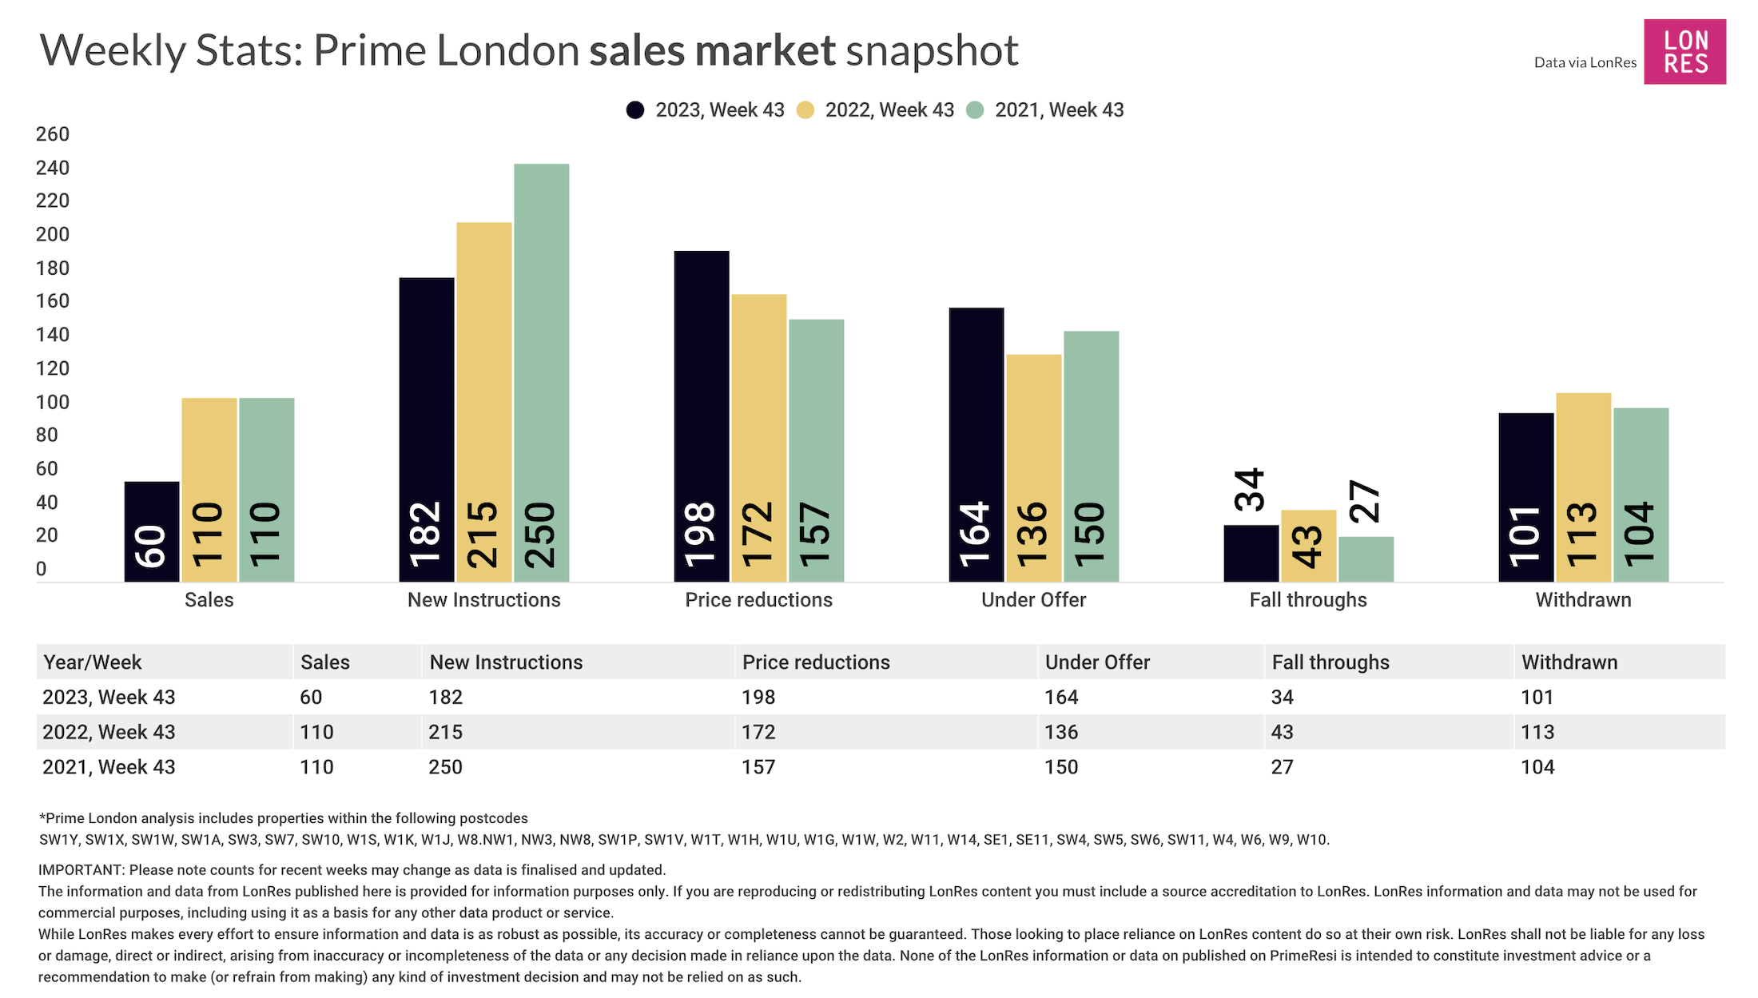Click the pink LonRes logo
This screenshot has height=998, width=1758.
coord(1684,52)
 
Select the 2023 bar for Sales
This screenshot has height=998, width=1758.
coord(152,531)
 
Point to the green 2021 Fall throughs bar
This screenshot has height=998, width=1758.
coord(1366,559)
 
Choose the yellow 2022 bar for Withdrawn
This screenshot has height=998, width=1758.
coord(1583,487)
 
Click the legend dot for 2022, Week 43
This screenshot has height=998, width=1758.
coord(805,110)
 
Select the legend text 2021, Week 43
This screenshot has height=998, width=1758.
coord(1059,110)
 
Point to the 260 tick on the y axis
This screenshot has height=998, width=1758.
coord(53,134)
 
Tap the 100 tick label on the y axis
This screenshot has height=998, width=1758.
coord(53,402)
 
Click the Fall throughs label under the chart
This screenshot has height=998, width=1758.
coord(1308,600)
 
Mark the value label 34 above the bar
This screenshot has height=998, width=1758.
coord(1250,489)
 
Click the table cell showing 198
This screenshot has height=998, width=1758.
coord(758,698)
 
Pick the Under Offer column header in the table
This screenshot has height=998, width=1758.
coord(1097,662)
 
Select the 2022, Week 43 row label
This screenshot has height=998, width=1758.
coord(109,732)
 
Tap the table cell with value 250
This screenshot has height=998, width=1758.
coord(445,767)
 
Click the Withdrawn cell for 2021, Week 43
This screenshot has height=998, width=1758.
coord(1537,767)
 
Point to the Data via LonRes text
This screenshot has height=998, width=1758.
coord(1585,62)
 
